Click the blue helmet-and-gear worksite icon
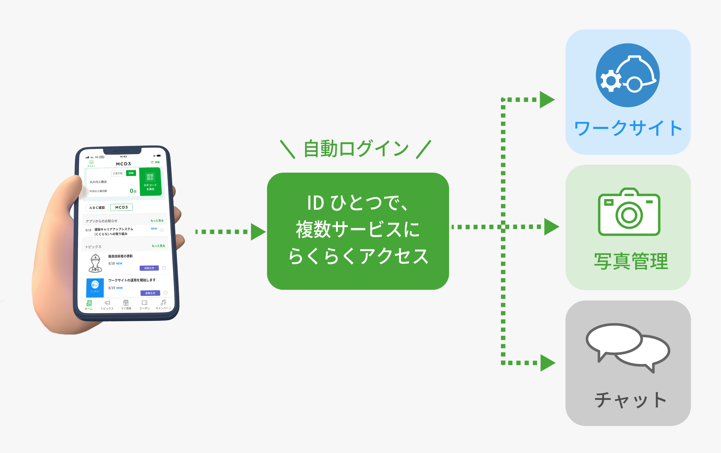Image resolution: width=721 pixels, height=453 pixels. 627,75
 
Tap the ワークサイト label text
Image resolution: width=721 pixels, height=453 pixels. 628,128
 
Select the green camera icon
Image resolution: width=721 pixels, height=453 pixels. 629,212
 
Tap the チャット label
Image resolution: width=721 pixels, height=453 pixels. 630,400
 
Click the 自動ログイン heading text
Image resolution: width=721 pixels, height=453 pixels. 356,149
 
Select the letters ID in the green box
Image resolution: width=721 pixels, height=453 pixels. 315,203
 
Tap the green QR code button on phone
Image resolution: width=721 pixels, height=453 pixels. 150,182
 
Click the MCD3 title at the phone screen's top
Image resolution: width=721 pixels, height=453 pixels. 123,164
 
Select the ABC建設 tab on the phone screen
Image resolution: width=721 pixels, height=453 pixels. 97,208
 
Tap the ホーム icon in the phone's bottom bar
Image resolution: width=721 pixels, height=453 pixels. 89,304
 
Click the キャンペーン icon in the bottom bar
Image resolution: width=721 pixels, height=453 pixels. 163,304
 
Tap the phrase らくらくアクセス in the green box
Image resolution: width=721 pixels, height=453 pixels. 358,256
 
